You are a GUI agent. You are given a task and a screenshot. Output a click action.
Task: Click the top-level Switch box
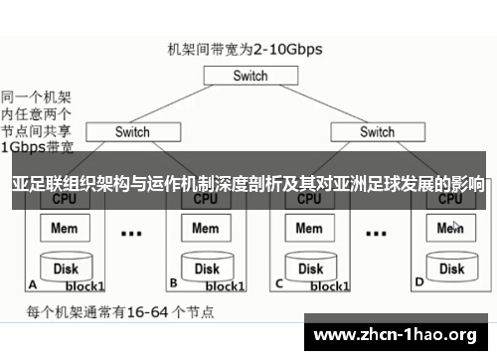(249, 76)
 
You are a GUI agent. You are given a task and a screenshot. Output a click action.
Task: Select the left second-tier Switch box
(132, 131)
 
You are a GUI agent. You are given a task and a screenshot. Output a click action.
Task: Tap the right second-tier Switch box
(377, 131)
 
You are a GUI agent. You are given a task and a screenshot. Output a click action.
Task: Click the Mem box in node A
(65, 229)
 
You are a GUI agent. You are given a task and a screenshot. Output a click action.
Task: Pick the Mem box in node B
(205, 229)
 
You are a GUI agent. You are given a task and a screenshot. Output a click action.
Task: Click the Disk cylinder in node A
(66, 268)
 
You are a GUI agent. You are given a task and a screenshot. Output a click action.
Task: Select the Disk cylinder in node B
(206, 268)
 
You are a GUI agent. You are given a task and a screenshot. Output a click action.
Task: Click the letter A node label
(33, 283)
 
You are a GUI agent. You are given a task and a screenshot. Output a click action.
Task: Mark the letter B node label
(173, 283)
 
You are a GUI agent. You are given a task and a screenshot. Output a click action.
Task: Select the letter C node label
(279, 283)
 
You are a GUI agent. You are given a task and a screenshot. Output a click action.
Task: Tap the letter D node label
(418, 283)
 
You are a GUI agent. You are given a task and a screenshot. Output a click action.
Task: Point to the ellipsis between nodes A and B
(131, 235)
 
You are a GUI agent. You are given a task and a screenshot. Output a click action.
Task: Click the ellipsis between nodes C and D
(376, 235)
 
